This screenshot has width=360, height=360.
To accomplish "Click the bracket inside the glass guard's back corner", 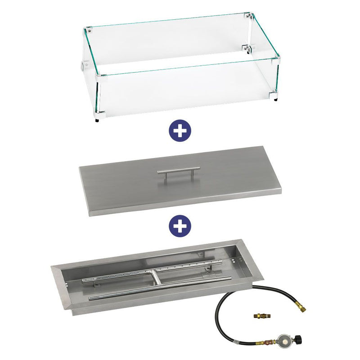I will tap(247, 48).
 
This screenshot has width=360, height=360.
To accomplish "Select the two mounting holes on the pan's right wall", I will tap(234, 259).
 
